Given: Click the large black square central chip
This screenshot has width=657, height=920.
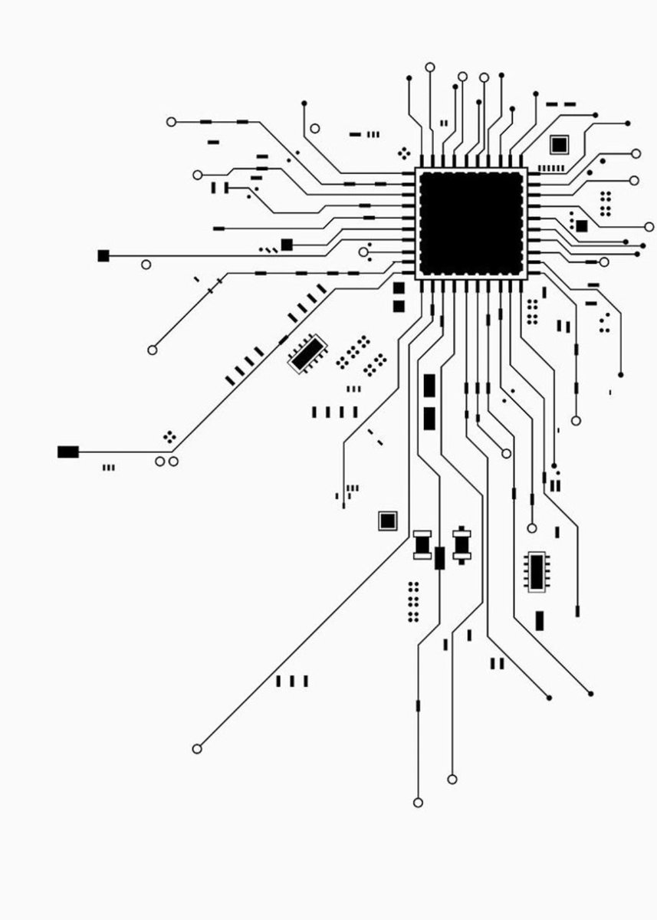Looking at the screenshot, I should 471,223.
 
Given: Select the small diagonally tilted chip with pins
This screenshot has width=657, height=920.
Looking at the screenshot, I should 307,353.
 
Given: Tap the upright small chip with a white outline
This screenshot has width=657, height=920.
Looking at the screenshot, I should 537,571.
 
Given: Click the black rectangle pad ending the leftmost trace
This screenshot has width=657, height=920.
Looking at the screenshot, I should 68,452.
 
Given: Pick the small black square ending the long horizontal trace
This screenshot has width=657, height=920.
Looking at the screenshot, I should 103,255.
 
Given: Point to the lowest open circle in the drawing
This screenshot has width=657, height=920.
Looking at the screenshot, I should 418,803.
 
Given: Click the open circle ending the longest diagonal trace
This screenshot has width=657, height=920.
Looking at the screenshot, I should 197,748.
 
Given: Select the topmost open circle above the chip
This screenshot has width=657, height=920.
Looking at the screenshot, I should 429,67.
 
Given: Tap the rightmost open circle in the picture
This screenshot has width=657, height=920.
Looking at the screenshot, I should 649,226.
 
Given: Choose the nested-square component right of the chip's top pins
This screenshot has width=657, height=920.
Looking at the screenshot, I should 560,144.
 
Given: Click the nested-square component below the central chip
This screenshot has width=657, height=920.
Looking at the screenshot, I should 388,521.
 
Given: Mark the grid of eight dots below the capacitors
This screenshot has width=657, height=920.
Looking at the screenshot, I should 413,601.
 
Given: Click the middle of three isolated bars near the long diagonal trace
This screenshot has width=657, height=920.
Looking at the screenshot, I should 292,681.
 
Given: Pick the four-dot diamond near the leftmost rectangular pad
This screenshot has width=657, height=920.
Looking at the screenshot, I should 169,437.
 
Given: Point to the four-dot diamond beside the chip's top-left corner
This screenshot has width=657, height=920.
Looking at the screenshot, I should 403,153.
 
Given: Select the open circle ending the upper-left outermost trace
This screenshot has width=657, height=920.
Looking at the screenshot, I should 171,122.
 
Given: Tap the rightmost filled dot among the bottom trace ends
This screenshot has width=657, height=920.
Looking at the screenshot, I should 590,694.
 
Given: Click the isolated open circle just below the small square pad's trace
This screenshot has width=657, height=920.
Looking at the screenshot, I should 146,264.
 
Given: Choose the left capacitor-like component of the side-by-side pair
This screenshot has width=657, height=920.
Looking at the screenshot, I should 422,544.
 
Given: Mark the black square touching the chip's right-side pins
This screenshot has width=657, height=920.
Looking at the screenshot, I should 582,226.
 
